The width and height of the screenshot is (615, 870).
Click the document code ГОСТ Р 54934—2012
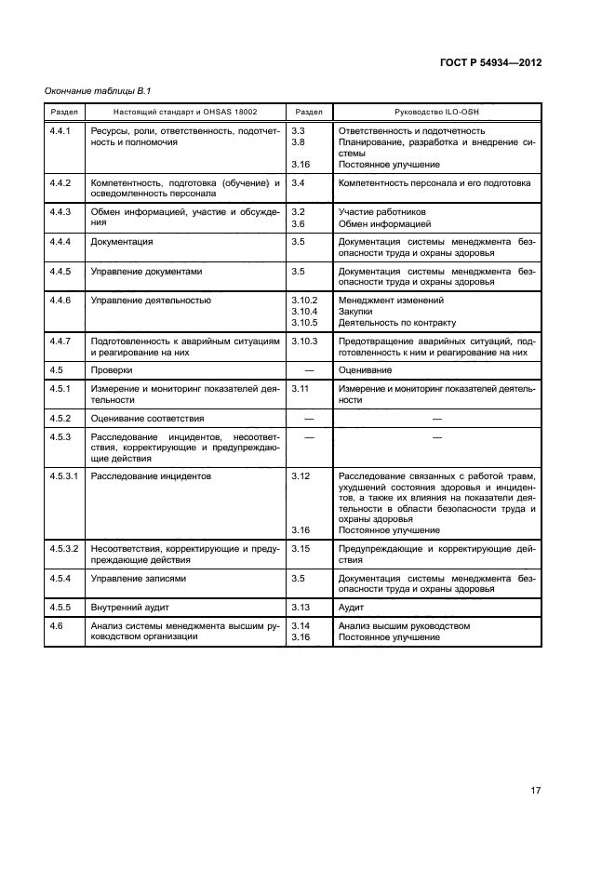(489, 62)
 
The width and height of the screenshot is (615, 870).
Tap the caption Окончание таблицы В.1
(98, 90)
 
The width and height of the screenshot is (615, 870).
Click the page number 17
(535, 791)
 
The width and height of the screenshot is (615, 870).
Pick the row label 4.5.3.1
(64, 475)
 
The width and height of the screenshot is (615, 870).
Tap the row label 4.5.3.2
(64, 549)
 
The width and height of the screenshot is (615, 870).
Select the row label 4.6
(56, 626)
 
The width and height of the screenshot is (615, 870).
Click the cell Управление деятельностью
(151, 301)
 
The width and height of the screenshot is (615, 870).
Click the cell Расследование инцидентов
(151, 475)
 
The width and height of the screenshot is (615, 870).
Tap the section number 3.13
(300, 607)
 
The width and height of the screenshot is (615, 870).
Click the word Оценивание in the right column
(366, 369)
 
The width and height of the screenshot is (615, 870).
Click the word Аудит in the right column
(353, 607)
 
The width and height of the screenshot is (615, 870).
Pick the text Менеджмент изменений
(391, 301)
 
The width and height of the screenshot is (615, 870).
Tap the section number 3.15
(300, 549)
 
